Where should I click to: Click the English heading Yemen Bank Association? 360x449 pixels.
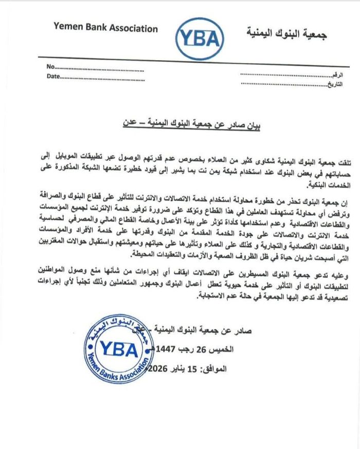point(105,28)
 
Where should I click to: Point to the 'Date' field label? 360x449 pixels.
point(53,77)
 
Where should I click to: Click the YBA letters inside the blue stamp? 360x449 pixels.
point(119,349)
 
